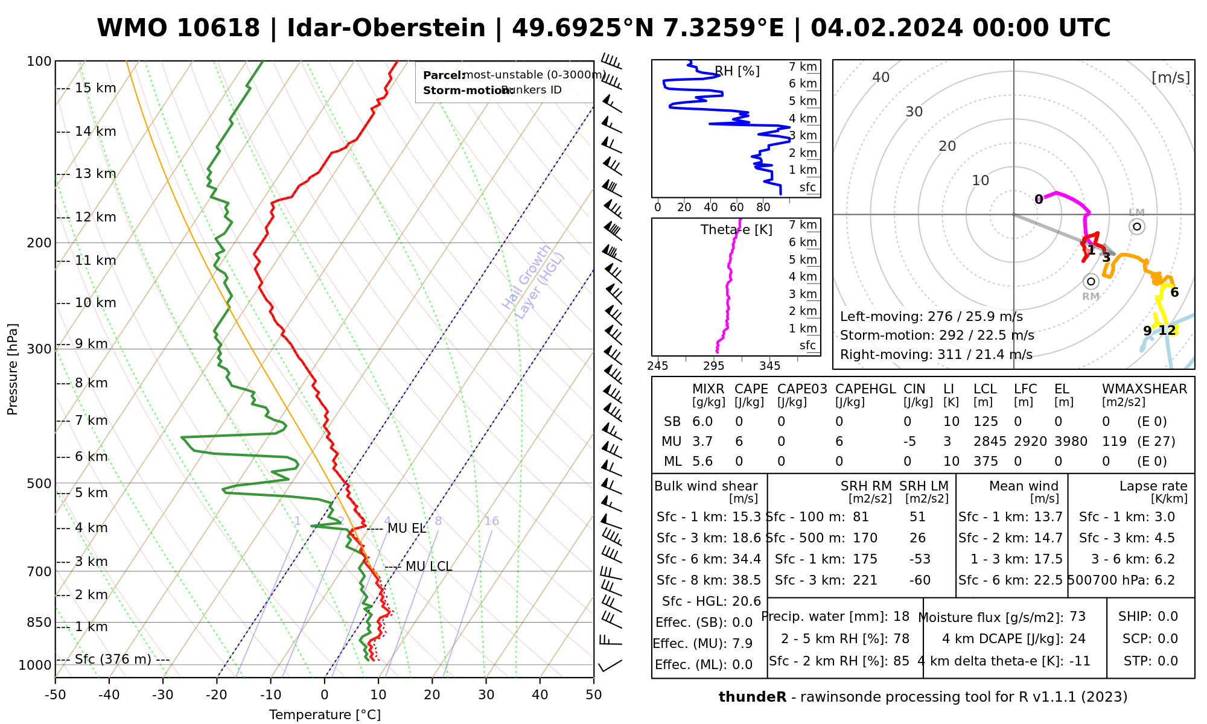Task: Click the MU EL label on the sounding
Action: point(407,529)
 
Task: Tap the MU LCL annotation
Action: point(428,567)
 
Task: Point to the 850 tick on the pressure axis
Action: point(40,622)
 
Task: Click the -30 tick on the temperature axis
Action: point(163,695)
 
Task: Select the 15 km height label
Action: point(95,88)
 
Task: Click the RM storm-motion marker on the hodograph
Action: point(1091,281)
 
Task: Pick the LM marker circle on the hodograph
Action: point(1137,227)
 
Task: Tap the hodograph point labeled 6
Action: point(1174,293)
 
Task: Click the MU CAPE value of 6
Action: point(739,442)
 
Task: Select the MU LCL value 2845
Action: point(990,442)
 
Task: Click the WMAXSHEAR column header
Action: point(1144,389)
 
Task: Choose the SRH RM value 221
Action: point(865,580)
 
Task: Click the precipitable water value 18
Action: point(901,617)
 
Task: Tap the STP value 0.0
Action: point(1167,661)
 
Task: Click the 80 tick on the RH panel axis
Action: point(763,208)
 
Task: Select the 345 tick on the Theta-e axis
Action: point(769,366)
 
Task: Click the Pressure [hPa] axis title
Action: point(13,369)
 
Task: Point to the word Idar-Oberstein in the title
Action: point(386,28)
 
